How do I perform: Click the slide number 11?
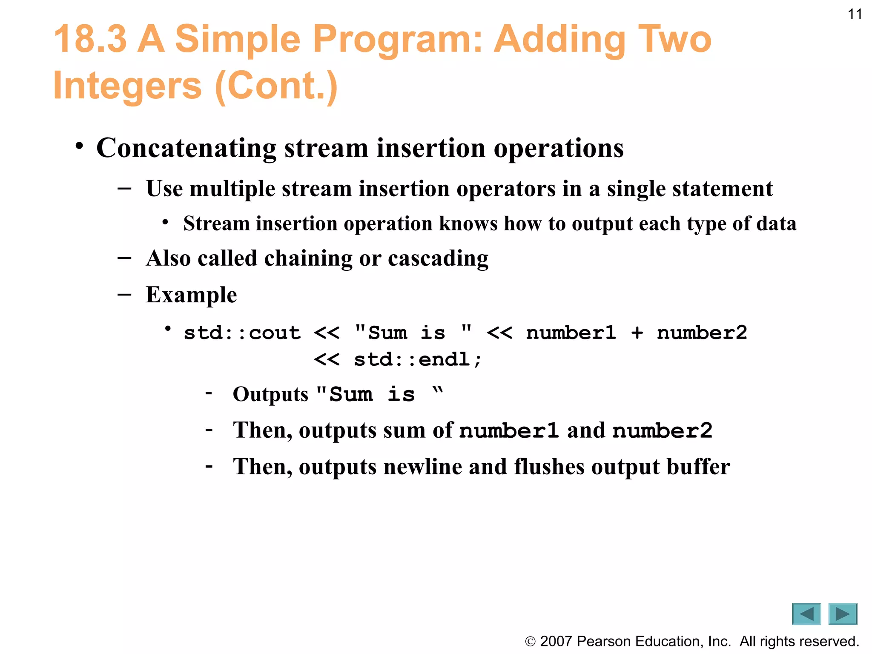(855, 14)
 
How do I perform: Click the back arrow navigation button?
(806, 614)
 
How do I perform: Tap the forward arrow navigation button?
(843, 614)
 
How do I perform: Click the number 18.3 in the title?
(90, 39)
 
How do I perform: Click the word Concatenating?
(186, 148)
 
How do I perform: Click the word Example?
(191, 295)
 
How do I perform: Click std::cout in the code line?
(242, 333)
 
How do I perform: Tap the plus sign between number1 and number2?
(637, 333)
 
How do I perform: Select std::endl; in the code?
(418, 359)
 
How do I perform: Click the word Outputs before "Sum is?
(270, 394)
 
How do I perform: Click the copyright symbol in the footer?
(530, 641)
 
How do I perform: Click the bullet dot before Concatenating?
(79, 146)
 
